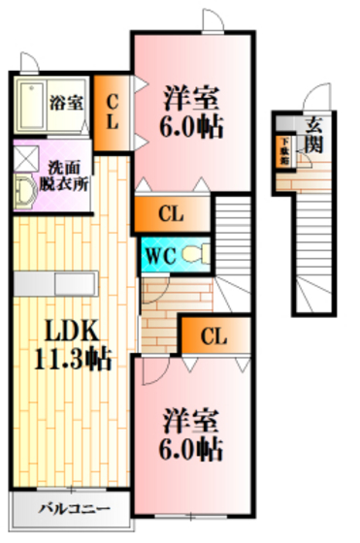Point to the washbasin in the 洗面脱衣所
[24, 191]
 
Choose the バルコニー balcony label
[69, 507]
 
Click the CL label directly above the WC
[171, 213]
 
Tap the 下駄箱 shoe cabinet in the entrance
[284, 149]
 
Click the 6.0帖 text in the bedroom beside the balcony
[191, 449]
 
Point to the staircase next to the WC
[232, 233]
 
